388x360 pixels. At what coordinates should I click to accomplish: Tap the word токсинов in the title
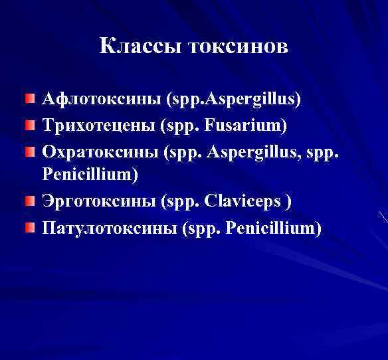pos(239,46)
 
